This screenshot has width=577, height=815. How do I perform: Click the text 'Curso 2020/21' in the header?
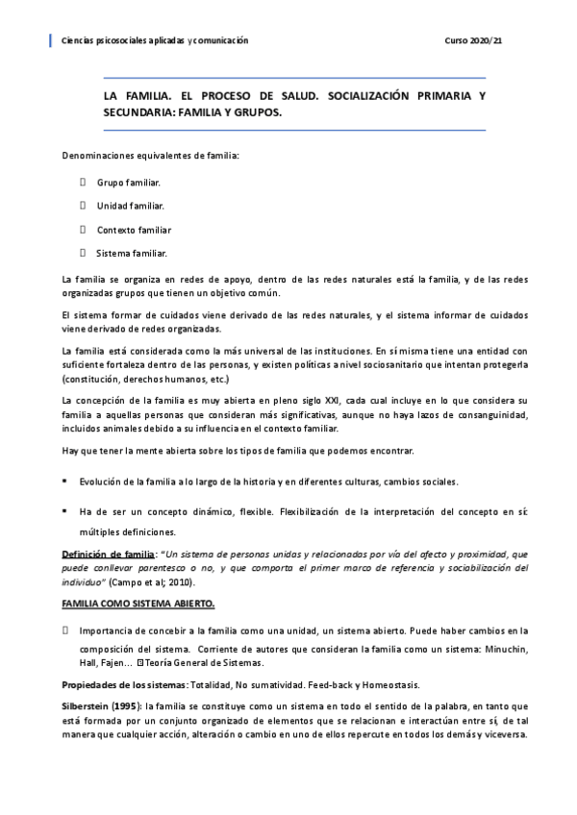click(474, 40)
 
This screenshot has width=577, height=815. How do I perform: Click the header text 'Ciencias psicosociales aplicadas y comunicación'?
click(154, 40)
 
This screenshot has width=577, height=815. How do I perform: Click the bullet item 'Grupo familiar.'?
click(128, 182)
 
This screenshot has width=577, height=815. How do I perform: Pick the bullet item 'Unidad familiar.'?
click(130, 206)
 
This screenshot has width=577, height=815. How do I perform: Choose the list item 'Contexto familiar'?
click(134, 230)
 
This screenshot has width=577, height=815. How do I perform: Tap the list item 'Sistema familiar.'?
click(132, 254)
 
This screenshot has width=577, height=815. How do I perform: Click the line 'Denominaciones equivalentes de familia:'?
click(151, 155)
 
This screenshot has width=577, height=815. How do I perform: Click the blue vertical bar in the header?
click(50, 40)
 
